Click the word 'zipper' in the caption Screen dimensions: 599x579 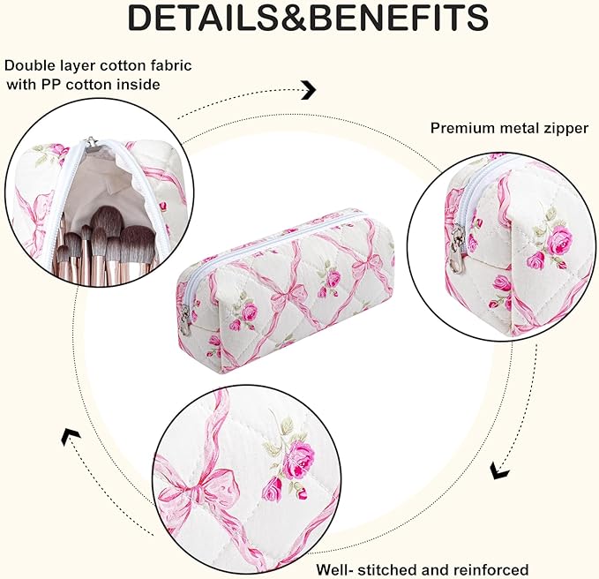[565, 129]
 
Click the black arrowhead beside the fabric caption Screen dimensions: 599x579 [309, 90]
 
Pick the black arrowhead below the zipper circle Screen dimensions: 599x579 [499, 470]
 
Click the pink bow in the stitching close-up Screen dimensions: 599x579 [203, 487]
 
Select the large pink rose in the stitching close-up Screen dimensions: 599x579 [301, 456]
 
